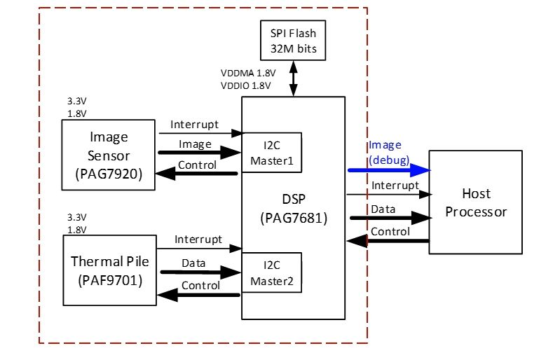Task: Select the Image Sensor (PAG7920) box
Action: coord(109,154)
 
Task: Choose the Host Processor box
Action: coord(476,202)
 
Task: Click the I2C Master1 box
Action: coord(271,153)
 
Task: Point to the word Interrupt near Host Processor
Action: coord(395,186)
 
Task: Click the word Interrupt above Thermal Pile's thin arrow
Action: coord(198,240)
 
